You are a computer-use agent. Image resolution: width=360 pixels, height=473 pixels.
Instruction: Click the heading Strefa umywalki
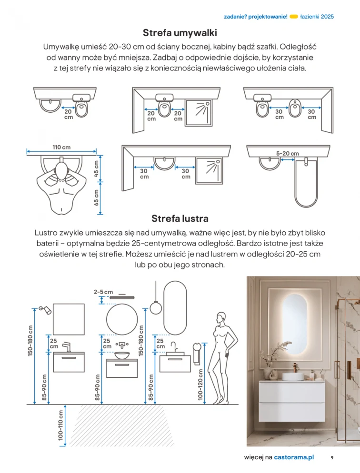180,33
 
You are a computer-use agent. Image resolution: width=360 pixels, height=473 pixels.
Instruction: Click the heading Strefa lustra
180,218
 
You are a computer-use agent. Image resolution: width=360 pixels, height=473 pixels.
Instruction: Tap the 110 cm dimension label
62,147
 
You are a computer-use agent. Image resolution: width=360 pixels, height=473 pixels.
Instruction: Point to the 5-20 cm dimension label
288,153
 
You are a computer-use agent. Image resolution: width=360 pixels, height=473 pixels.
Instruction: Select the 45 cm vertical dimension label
97,168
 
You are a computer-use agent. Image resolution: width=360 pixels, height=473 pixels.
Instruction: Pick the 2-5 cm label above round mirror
103,291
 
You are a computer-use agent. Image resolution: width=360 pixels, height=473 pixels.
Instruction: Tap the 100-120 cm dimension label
200,384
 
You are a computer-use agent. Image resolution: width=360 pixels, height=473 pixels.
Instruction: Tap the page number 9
332,457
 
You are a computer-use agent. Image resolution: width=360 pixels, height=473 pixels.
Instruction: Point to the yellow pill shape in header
294,16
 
